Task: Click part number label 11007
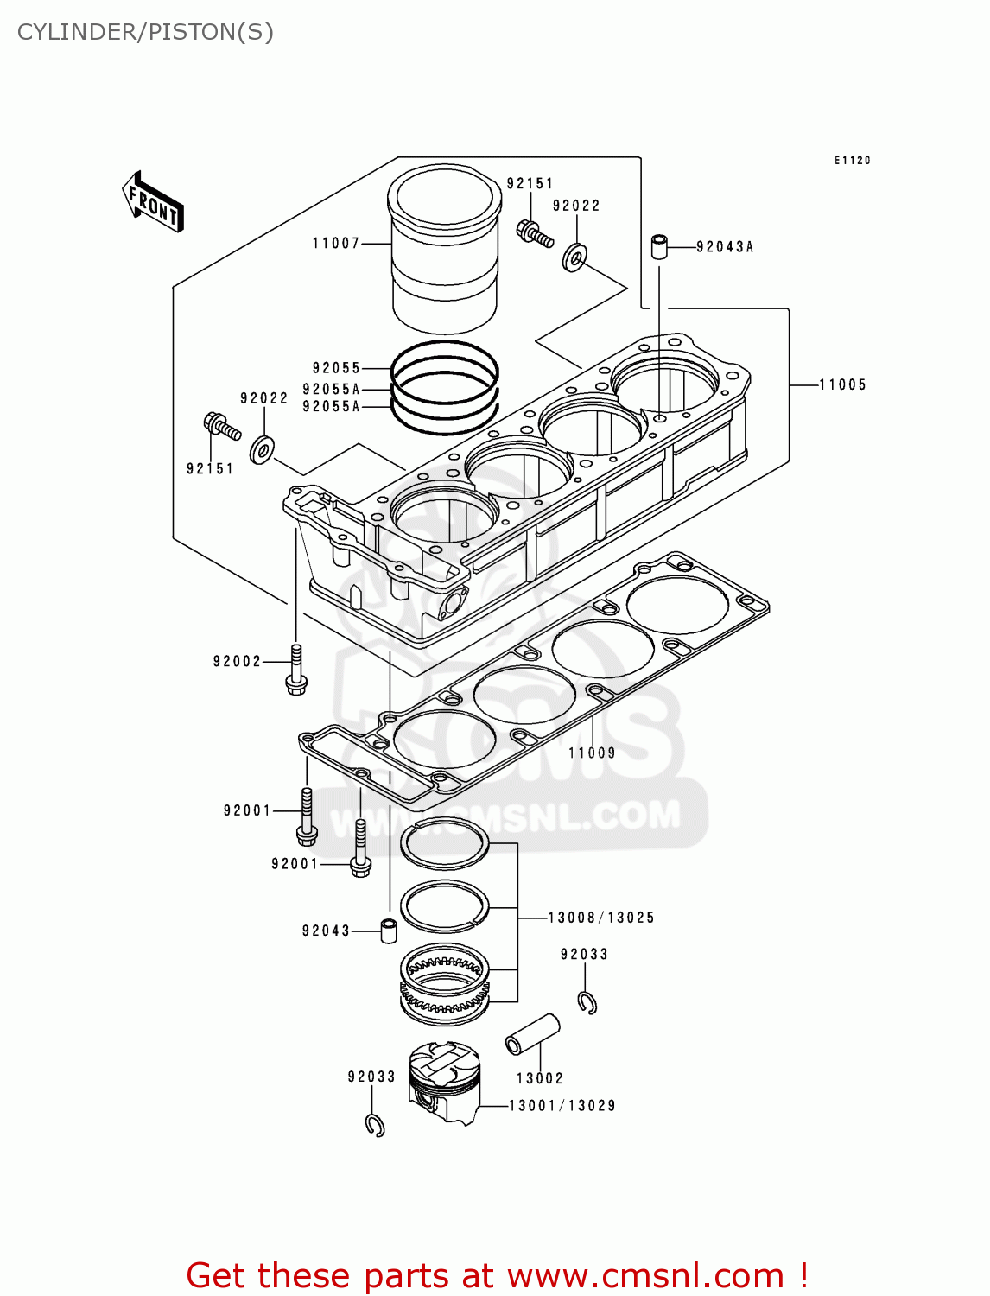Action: tap(336, 244)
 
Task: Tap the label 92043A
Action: tap(725, 247)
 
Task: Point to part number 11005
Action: tap(842, 385)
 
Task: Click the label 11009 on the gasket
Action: tap(593, 753)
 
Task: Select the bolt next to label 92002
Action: tap(296, 670)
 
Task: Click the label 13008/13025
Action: tap(601, 918)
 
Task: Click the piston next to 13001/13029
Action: tap(444, 1081)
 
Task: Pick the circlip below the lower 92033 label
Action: tap(375, 1125)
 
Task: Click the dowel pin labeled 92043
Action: tap(390, 931)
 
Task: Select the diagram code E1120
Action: tap(852, 161)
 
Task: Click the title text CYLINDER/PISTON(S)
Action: tap(145, 32)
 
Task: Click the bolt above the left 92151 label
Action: tap(221, 425)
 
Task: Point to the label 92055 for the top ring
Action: tap(336, 368)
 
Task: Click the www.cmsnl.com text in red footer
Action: tap(644, 1275)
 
